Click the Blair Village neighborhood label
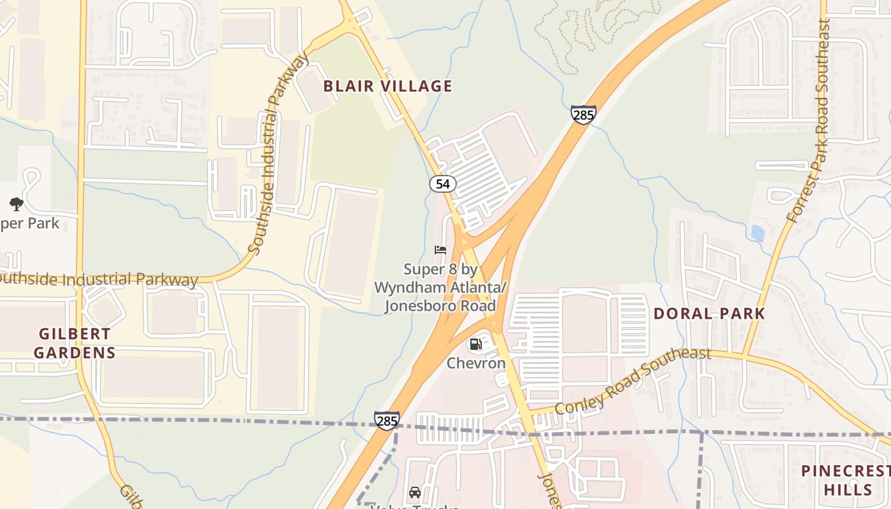pos(388,87)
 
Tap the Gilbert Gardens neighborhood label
pos(75,343)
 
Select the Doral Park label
pos(709,314)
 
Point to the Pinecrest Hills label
pos(846,480)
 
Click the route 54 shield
pos(442,185)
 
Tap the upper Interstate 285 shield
pos(583,115)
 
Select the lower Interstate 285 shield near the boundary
pos(386,421)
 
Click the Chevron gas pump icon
pos(475,345)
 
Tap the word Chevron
pos(476,363)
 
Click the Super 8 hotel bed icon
pos(440,250)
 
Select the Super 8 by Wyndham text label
pos(440,288)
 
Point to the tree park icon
pos(17,204)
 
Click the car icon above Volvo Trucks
pos(415,492)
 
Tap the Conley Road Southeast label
pos(633,380)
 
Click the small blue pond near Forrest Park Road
pos(757,234)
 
